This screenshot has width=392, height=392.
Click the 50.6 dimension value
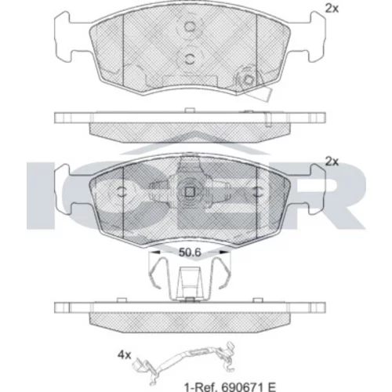pos(190,252)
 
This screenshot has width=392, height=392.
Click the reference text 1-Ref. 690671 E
pos(230,387)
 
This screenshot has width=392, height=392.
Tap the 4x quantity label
pos(124,355)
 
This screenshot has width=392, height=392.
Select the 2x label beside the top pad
pos(332,9)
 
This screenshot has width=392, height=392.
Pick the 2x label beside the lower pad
pos(332,162)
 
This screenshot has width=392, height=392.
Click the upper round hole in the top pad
pos(190,27)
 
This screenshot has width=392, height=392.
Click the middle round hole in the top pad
pos(190,59)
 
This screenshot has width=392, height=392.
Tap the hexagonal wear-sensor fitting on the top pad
pos(247,79)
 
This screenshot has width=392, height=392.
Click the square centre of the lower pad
pos(190,192)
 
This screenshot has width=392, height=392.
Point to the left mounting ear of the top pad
pos(63,36)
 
